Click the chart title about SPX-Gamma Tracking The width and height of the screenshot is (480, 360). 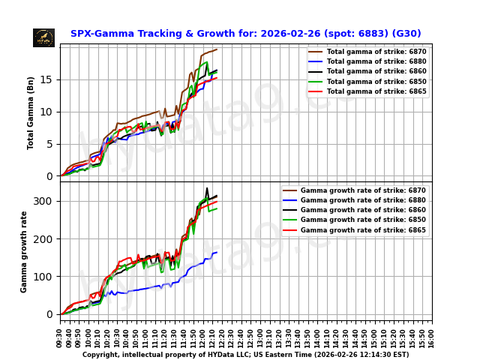tap(245, 34)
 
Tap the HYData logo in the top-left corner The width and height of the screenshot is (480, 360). tap(43, 37)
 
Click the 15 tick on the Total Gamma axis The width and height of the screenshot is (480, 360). tap(48, 79)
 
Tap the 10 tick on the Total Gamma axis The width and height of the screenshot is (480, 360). tap(48, 112)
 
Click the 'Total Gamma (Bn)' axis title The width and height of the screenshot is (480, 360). tap(31, 112)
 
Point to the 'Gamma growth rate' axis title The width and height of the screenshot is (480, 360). tap(24, 251)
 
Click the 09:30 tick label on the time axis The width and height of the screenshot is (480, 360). tap(60, 336)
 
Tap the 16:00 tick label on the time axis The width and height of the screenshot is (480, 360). tap(432, 336)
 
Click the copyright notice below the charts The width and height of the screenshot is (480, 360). tap(245, 355)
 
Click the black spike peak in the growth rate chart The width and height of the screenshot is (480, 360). tap(207, 188)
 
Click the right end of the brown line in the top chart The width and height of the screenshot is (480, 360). tap(217, 49)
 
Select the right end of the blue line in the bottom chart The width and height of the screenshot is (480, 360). tap(217, 252)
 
